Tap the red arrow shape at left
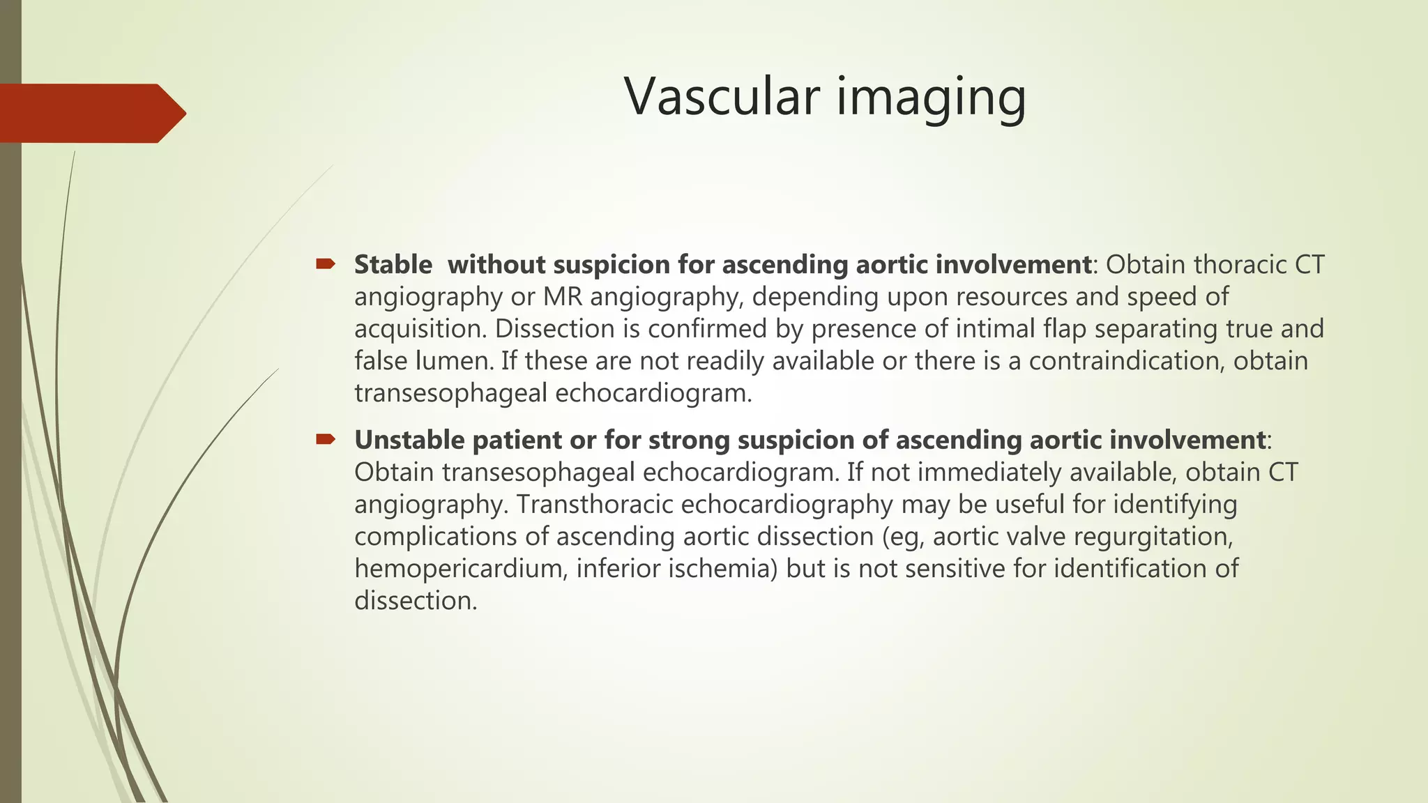tap(91, 113)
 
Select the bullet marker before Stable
tap(326, 263)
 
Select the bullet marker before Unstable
tap(326, 439)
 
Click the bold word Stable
tap(393, 265)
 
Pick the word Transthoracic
tap(595, 505)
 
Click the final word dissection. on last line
tap(416, 601)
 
